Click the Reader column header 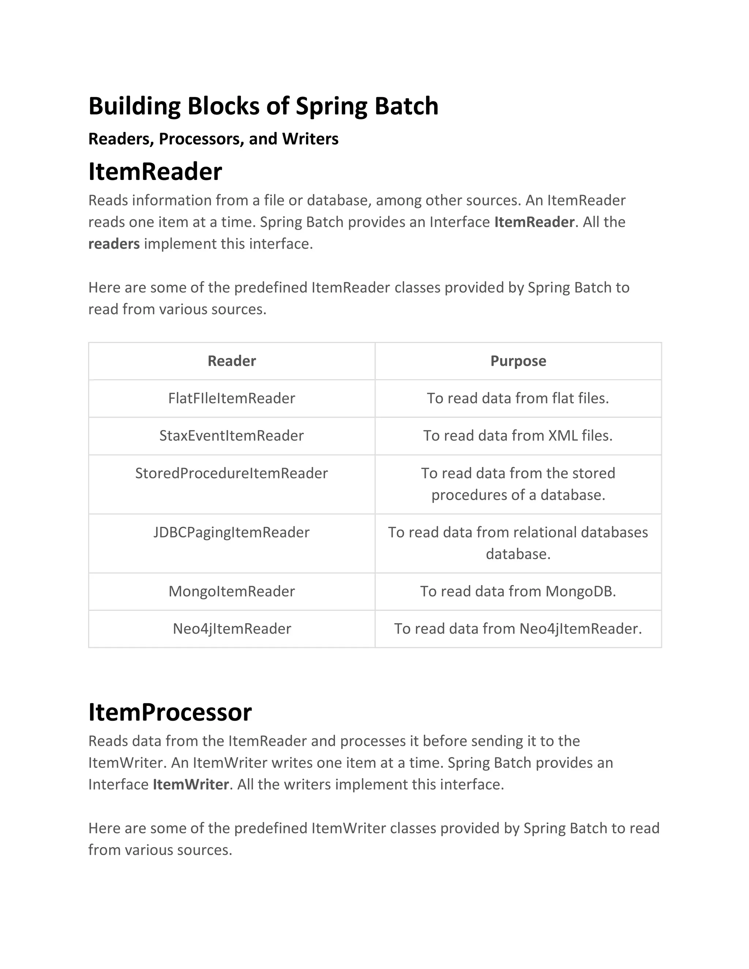[x=232, y=361]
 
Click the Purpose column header [x=518, y=361]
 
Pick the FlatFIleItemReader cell [x=232, y=399]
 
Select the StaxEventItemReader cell [x=232, y=436]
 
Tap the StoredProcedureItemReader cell [x=232, y=474]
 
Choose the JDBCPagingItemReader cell [x=232, y=532]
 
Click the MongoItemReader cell [x=232, y=591]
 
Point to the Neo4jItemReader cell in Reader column [x=232, y=629]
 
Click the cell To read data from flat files [x=518, y=399]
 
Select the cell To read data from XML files [x=518, y=436]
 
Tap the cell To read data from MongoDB [x=518, y=591]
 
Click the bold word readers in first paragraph [x=114, y=244]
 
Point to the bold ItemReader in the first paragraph [x=534, y=222]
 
